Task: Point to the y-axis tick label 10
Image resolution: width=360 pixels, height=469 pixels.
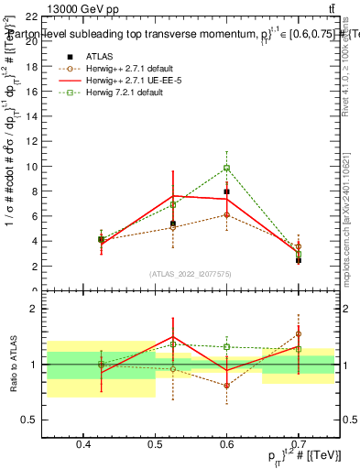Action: pos(30,167)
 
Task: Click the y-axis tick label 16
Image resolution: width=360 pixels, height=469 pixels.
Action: pos(30,93)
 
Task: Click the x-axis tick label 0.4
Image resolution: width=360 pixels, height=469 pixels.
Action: pos(83,444)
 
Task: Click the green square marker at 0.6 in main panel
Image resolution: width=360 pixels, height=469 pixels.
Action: pos(226,168)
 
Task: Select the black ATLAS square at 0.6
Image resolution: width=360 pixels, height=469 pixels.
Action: pos(226,191)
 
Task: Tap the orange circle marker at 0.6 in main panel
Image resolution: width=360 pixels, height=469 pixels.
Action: pos(226,214)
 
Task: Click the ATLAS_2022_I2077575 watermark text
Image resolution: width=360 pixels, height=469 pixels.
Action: pos(191,274)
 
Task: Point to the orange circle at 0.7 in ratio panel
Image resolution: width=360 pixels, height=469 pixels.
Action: pos(299,334)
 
